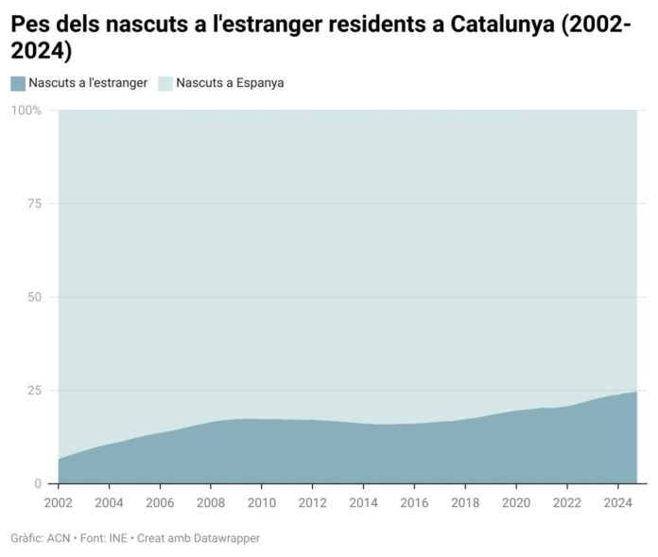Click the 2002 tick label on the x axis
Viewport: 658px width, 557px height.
tap(58, 501)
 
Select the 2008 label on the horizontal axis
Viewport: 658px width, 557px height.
tap(211, 501)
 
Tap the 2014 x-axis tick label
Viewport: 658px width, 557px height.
tap(363, 501)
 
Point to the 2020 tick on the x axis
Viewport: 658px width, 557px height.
tap(516, 501)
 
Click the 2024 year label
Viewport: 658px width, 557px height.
tap(617, 501)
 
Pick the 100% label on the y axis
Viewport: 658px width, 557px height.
tap(26, 111)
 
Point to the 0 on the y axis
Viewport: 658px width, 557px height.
tap(38, 484)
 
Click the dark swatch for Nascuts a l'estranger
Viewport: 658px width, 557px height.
tap(18, 83)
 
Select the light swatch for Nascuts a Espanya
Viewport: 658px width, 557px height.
tap(164, 83)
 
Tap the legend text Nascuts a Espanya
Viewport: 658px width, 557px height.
tap(230, 83)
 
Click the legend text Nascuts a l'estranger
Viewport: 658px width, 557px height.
tap(88, 83)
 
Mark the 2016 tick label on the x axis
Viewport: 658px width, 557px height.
tap(414, 501)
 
